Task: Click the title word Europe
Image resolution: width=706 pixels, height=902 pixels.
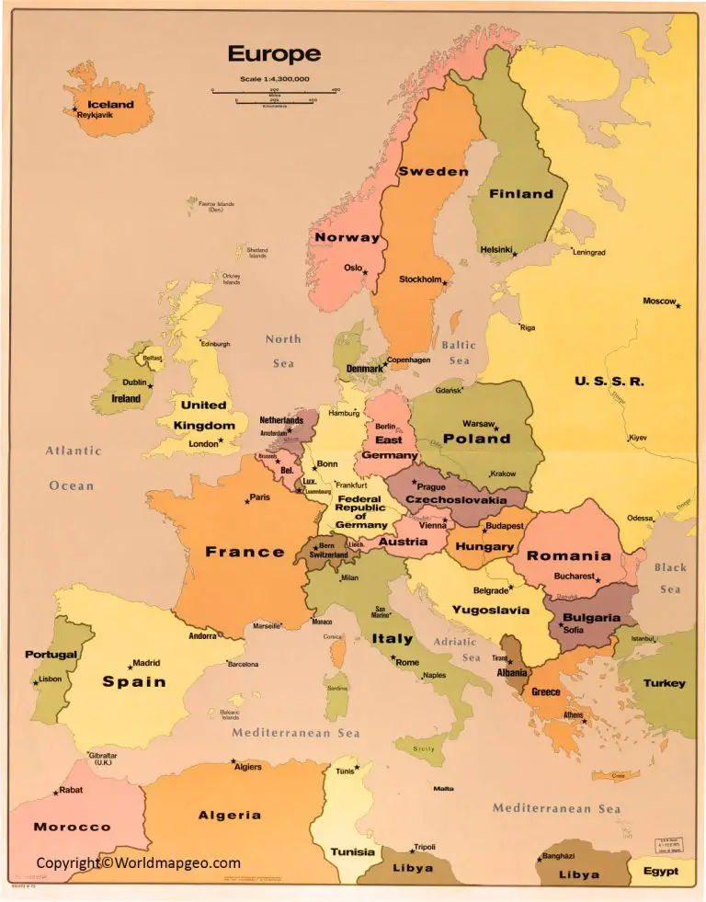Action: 274,53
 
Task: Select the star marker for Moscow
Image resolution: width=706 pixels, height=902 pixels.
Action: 678,305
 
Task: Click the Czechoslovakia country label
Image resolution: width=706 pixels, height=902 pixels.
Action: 456,500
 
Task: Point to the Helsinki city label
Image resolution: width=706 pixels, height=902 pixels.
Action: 496,249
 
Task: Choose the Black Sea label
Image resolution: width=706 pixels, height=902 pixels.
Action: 670,578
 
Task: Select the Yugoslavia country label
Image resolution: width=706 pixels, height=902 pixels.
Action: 490,610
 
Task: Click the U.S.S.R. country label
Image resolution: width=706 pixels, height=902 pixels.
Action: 609,381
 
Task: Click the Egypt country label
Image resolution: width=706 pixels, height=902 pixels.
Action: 660,871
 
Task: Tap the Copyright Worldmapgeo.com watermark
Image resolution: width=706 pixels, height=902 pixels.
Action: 138,862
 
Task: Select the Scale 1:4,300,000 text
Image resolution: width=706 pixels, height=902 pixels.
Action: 274,80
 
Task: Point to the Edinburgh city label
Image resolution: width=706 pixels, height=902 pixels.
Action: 215,344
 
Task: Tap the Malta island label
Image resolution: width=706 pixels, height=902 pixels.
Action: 443,789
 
